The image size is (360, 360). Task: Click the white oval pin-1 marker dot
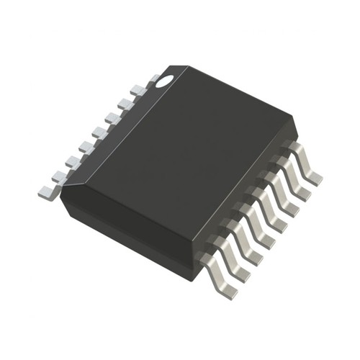tap(165, 81)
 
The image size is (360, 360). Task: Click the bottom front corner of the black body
tap(193, 279)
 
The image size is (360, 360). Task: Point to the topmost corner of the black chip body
tap(189, 66)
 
